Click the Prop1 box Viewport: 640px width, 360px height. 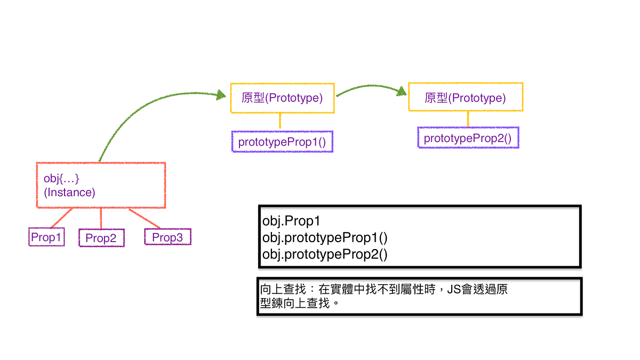click(46, 237)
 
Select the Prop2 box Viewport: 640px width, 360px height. click(101, 238)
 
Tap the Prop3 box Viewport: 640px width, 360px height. click(167, 237)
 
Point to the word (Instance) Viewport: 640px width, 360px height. click(69, 193)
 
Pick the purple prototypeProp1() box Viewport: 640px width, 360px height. click(282, 142)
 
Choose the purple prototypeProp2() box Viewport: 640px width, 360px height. click(468, 138)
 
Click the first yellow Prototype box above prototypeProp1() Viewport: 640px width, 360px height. click(282, 98)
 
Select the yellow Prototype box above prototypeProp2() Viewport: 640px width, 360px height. click(465, 97)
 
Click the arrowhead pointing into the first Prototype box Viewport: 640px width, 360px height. click(219, 95)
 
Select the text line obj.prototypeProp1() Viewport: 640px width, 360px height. click(325, 237)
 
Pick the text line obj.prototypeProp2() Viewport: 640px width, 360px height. click(325, 254)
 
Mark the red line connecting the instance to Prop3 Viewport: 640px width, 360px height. click(145, 218)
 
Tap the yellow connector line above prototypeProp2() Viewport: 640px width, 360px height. click(468, 119)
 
